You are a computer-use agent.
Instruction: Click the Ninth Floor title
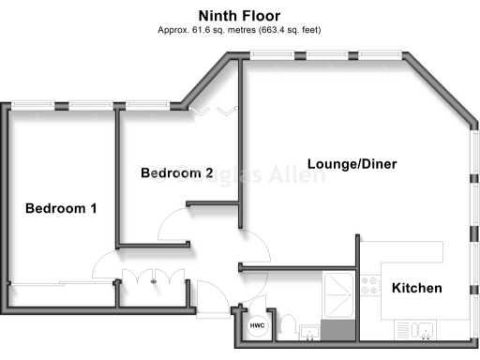click(239, 15)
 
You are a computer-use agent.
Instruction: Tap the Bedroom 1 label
click(61, 208)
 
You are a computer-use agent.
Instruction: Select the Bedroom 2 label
click(177, 173)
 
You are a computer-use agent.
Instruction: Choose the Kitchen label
click(416, 288)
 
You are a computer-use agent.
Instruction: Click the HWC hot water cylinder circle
click(256, 326)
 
